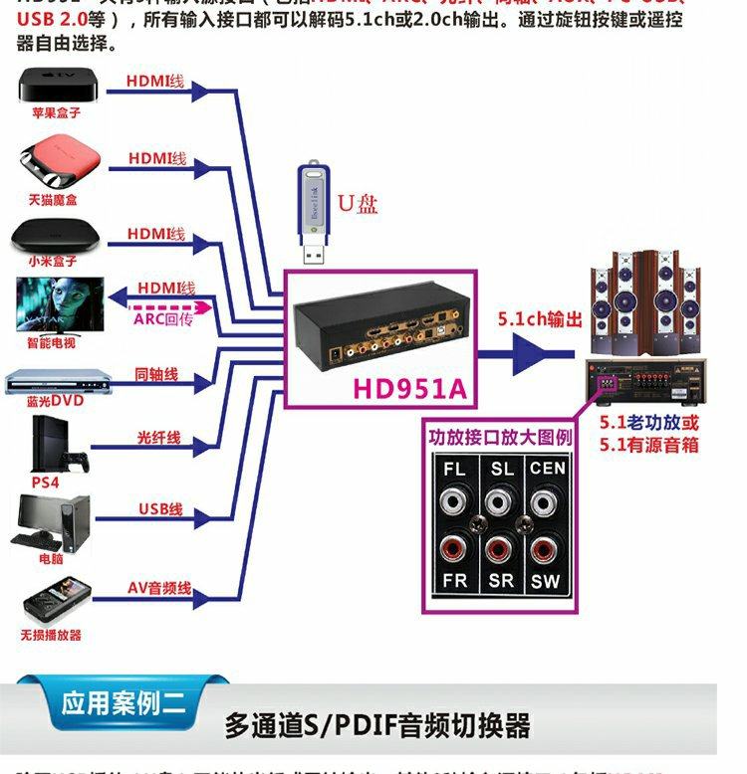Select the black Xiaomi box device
pos(57,237)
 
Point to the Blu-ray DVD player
pos(55,382)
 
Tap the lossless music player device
pos(51,603)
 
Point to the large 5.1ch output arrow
pos(538,351)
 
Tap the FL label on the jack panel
pos(455,469)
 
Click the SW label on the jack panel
pos(545,581)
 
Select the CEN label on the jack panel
pos(547,469)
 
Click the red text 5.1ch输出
pos(540,319)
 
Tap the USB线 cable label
pos(160,509)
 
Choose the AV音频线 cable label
pos(159,588)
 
